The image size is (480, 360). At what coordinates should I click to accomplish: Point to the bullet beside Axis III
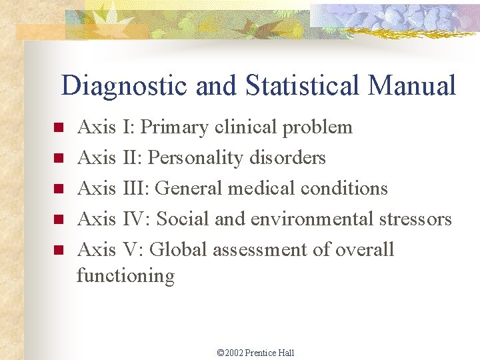pos(58,189)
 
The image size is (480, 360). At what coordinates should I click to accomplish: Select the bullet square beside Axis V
pos(58,251)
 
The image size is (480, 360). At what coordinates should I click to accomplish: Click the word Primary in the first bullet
pos(174,127)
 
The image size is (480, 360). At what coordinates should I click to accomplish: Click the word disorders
pos(287,158)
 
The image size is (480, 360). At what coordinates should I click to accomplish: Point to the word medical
pos(262,189)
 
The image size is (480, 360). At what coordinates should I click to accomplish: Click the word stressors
pos(415,219)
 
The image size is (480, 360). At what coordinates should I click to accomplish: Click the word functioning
pos(125,275)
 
